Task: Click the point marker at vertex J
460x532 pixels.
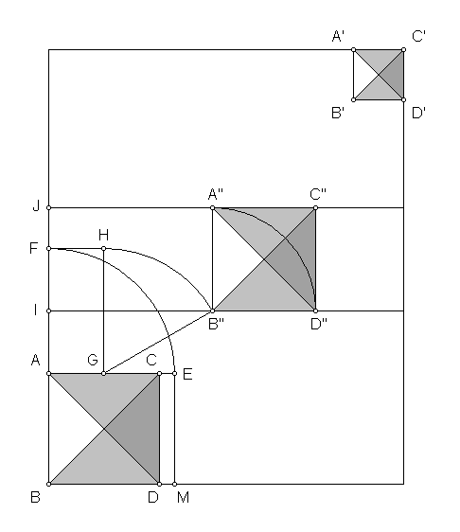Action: (x=49, y=207)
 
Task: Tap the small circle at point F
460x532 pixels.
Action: (x=49, y=249)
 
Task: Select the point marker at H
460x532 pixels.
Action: (x=104, y=249)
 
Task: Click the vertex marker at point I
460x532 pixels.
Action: (x=49, y=310)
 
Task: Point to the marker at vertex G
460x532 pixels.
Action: (x=104, y=374)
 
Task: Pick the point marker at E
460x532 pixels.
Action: (x=175, y=374)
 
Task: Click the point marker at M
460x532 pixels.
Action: (x=175, y=484)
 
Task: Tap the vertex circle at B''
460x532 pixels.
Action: (x=213, y=310)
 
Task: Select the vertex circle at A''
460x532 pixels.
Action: (x=213, y=207)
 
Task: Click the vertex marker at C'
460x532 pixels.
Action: (x=403, y=50)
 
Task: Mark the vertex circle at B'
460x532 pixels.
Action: (x=353, y=99)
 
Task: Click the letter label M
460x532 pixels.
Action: (x=184, y=497)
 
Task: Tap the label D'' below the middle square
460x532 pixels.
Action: (x=319, y=325)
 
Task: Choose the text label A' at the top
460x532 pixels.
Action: (x=338, y=36)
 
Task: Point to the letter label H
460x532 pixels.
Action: (x=103, y=235)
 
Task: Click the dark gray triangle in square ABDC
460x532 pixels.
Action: (x=141, y=429)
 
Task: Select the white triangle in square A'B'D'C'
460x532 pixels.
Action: (x=362, y=75)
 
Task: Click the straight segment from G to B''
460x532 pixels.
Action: (x=158, y=342)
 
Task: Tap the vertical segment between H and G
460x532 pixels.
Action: (x=104, y=311)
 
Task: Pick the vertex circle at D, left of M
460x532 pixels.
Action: (x=159, y=484)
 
